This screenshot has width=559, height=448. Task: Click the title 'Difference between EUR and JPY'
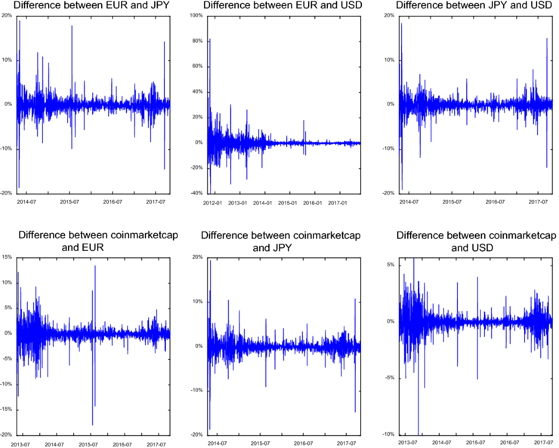coord(91,6)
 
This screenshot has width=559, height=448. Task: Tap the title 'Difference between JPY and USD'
coord(475,6)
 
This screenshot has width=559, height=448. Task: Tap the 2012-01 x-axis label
coord(212,203)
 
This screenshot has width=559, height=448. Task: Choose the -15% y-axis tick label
coord(7,410)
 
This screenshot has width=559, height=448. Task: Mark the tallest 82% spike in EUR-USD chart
coord(210,39)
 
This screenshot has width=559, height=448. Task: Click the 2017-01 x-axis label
coord(339,203)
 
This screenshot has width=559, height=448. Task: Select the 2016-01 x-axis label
coord(313,203)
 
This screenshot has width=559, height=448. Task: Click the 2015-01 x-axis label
coord(288,203)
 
